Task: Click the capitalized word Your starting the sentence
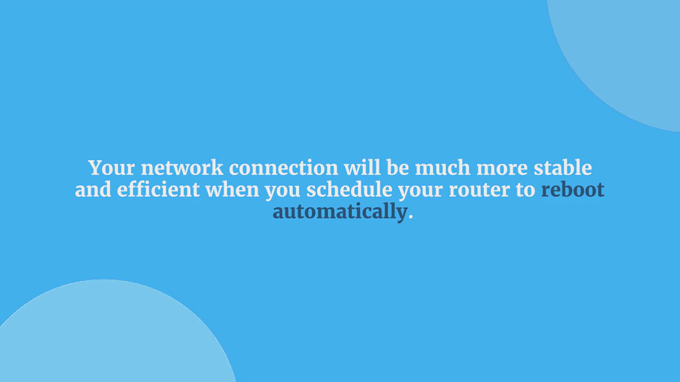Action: [x=112, y=168]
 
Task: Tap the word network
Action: [x=182, y=168]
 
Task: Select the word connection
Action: [x=284, y=168]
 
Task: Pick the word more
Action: [x=502, y=169]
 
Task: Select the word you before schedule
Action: [x=283, y=192]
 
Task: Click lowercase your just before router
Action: [x=420, y=192]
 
